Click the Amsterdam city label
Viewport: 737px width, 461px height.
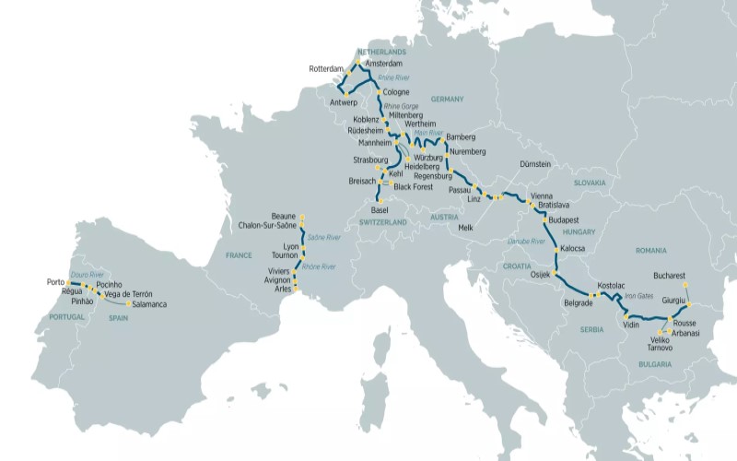coord(384,64)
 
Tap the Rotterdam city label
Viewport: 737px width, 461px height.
coord(326,69)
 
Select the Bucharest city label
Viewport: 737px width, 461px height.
coord(666,275)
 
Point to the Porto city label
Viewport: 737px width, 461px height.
coord(55,282)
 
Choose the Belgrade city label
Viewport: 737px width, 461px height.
coord(578,301)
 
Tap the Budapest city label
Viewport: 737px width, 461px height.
coord(562,221)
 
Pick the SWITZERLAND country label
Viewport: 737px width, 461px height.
coord(381,222)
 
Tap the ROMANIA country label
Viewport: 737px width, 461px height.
coord(649,250)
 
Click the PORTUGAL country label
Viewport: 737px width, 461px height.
coord(66,316)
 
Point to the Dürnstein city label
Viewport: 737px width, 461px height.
coord(534,164)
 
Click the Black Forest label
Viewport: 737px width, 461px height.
coord(415,185)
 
